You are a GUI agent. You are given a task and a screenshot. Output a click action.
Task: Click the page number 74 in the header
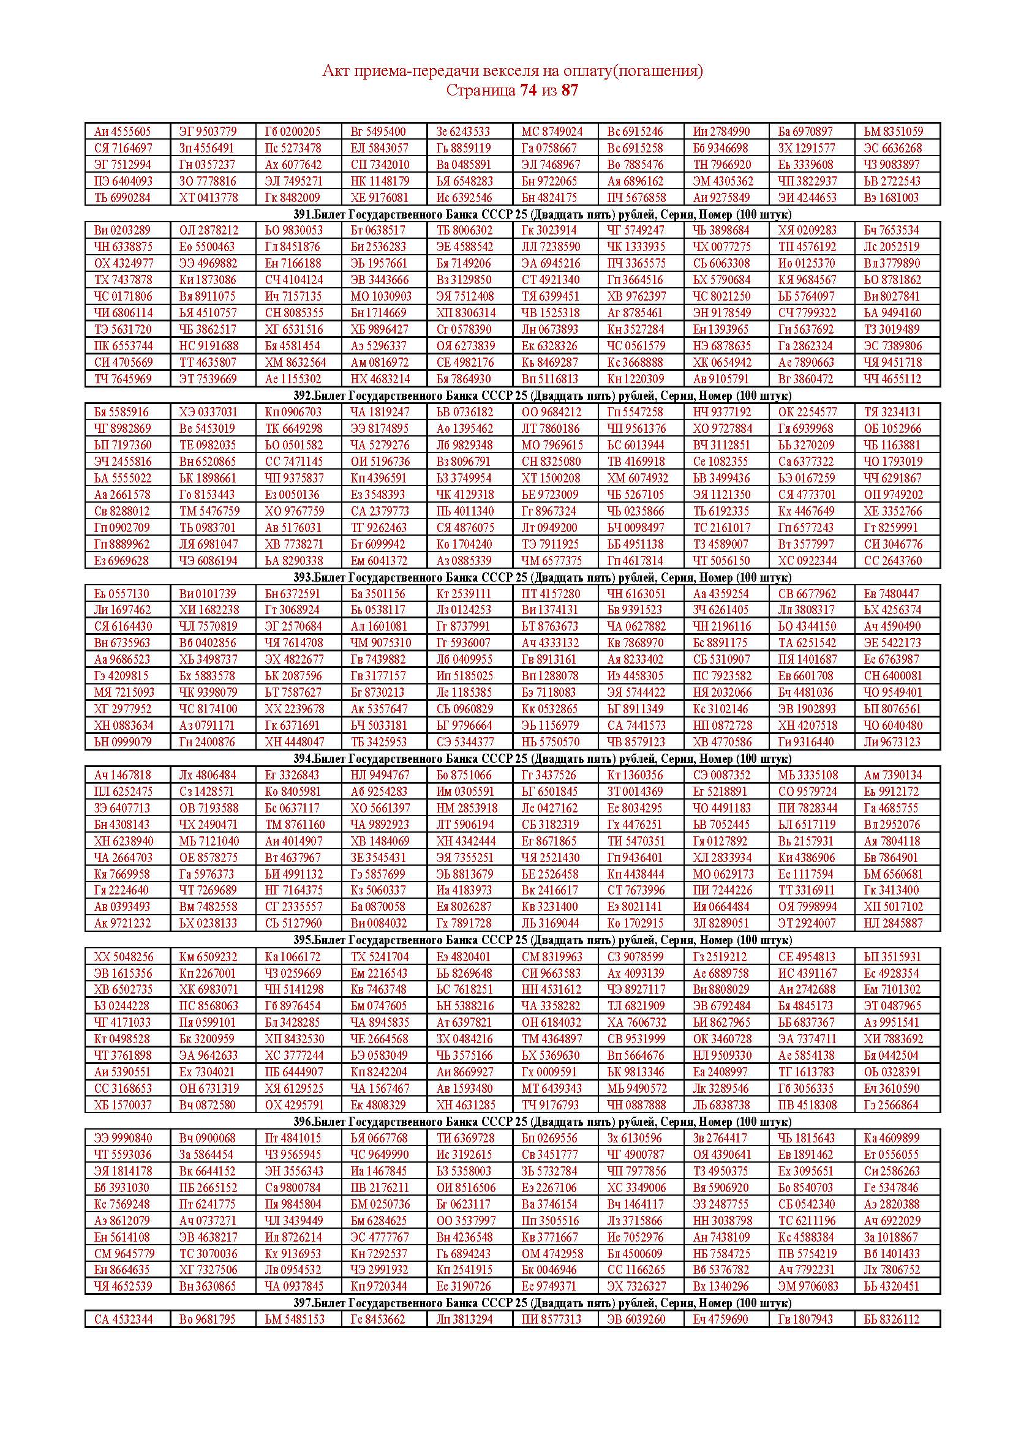pyautogui.click(x=528, y=91)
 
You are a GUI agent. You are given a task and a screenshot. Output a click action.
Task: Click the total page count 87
pyautogui.click(x=570, y=91)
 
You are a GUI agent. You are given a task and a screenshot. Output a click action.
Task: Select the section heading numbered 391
pyautogui.click(x=542, y=214)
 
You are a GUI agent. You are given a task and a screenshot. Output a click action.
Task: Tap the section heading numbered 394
pyautogui.click(x=542, y=759)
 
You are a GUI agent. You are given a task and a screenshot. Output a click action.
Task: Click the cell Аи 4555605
pyautogui.click(x=122, y=132)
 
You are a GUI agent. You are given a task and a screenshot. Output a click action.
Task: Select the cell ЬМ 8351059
pyautogui.click(x=893, y=132)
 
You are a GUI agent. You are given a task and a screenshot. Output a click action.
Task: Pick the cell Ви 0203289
pyautogui.click(x=122, y=230)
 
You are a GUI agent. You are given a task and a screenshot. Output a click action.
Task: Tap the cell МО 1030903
pyautogui.click(x=380, y=296)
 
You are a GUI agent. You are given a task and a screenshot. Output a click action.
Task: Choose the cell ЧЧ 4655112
pyautogui.click(x=892, y=378)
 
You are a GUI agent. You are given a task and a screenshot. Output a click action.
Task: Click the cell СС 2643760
pyautogui.click(x=892, y=560)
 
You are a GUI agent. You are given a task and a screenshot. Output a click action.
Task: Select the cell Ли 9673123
pyautogui.click(x=892, y=741)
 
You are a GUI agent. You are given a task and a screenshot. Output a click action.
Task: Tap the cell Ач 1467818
pyautogui.click(x=122, y=774)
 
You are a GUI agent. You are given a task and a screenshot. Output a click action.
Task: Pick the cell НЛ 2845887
pyautogui.click(x=893, y=923)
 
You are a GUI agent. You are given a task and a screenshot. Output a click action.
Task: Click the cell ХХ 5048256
pyautogui.click(x=122, y=957)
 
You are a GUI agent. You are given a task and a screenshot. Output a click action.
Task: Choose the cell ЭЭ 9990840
pyautogui.click(x=123, y=1138)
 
